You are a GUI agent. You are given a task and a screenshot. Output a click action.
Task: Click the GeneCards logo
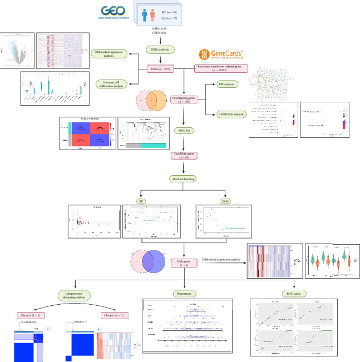(x=221, y=54)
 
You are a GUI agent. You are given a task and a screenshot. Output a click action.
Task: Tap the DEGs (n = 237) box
(x=160, y=69)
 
